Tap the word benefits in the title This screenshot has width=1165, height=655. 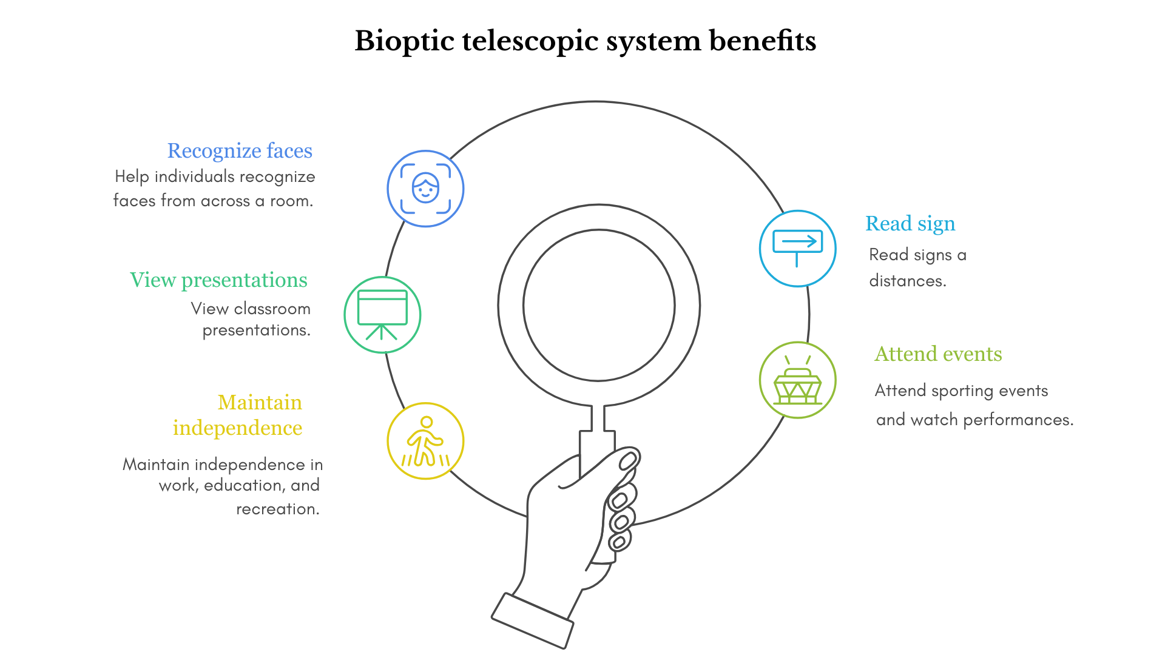(x=763, y=41)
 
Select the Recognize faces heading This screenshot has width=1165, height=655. (x=240, y=151)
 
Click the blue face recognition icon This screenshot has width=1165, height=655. (x=425, y=189)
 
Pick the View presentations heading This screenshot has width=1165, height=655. (x=218, y=280)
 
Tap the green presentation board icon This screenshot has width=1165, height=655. (x=382, y=315)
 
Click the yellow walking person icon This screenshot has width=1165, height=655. (x=425, y=441)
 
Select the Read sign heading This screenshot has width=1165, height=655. (x=910, y=224)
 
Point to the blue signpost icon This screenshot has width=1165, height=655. (x=798, y=248)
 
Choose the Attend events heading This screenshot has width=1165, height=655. (x=938, y=354)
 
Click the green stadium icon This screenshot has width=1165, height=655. (x=798, y=380)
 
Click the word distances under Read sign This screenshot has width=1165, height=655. (x=907, y=281)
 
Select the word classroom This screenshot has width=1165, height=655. (x=272, y=309)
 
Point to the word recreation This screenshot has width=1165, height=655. (x=277, y=509)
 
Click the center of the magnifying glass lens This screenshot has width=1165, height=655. (x=599, y=305)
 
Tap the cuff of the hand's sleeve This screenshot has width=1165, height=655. (x=532, y=620)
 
